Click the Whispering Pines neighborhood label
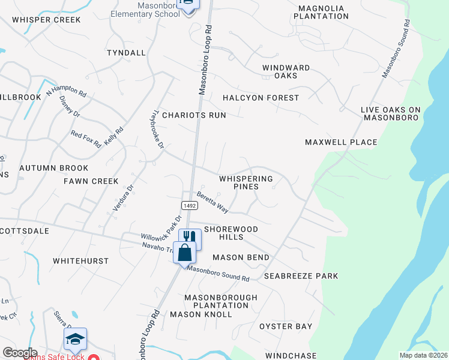(246, 182)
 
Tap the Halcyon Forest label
(261, 98)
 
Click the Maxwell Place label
(341, 142)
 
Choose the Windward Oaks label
(286, 71)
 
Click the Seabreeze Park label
(306, 276)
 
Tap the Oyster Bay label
(286, 326)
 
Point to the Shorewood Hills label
(231, 233)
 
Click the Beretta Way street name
(213, 203)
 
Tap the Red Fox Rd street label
(85, 139)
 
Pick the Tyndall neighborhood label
(126, 53)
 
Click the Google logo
(20, 353)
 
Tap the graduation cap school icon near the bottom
(76, 338)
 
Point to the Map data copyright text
(423, 355)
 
